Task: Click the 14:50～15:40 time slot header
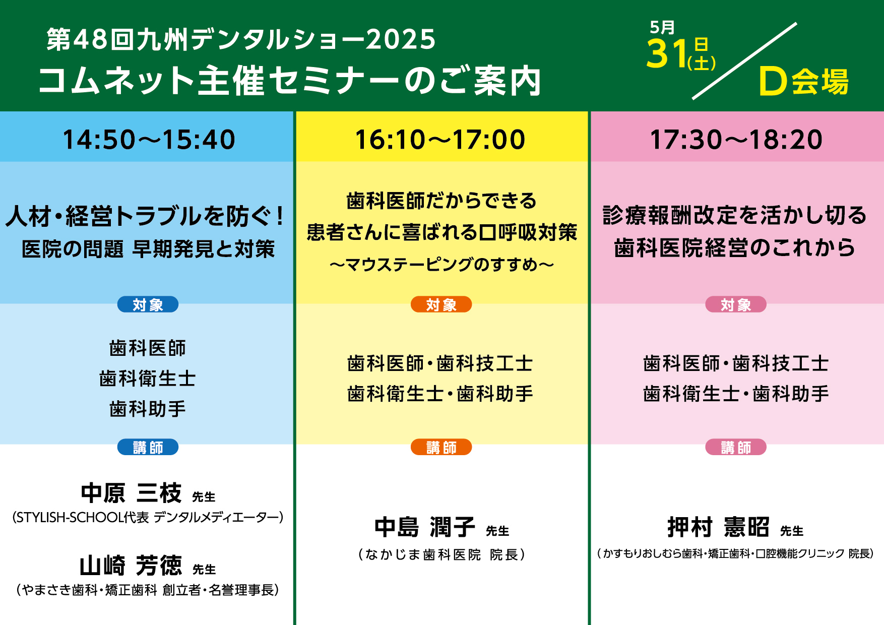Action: coord(149,140)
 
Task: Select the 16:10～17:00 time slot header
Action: coord(440,140)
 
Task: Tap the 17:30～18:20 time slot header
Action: coord(736,140)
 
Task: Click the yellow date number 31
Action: coord(667,54)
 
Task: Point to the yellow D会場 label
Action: coord(804,82)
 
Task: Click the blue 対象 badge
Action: coord(148,304)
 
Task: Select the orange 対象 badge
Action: coord(441,304)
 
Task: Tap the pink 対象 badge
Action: coord(736,304)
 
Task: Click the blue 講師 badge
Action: coord(148,447)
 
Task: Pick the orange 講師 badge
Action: coord(441,447)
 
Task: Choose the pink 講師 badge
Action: coord(736,447)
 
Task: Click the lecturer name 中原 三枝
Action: coord(131,493)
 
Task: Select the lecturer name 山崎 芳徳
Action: coord(131,565)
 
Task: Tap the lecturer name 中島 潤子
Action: coord(425,527)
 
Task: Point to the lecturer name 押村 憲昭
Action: coord(718,527)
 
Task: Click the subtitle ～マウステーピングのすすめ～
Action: coord(441,264)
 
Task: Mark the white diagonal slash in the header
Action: coord(744,60)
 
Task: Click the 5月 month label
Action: coord(662,28)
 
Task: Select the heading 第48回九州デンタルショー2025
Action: coord(241,39)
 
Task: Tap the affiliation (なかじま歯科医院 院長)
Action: coord(441,554)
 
